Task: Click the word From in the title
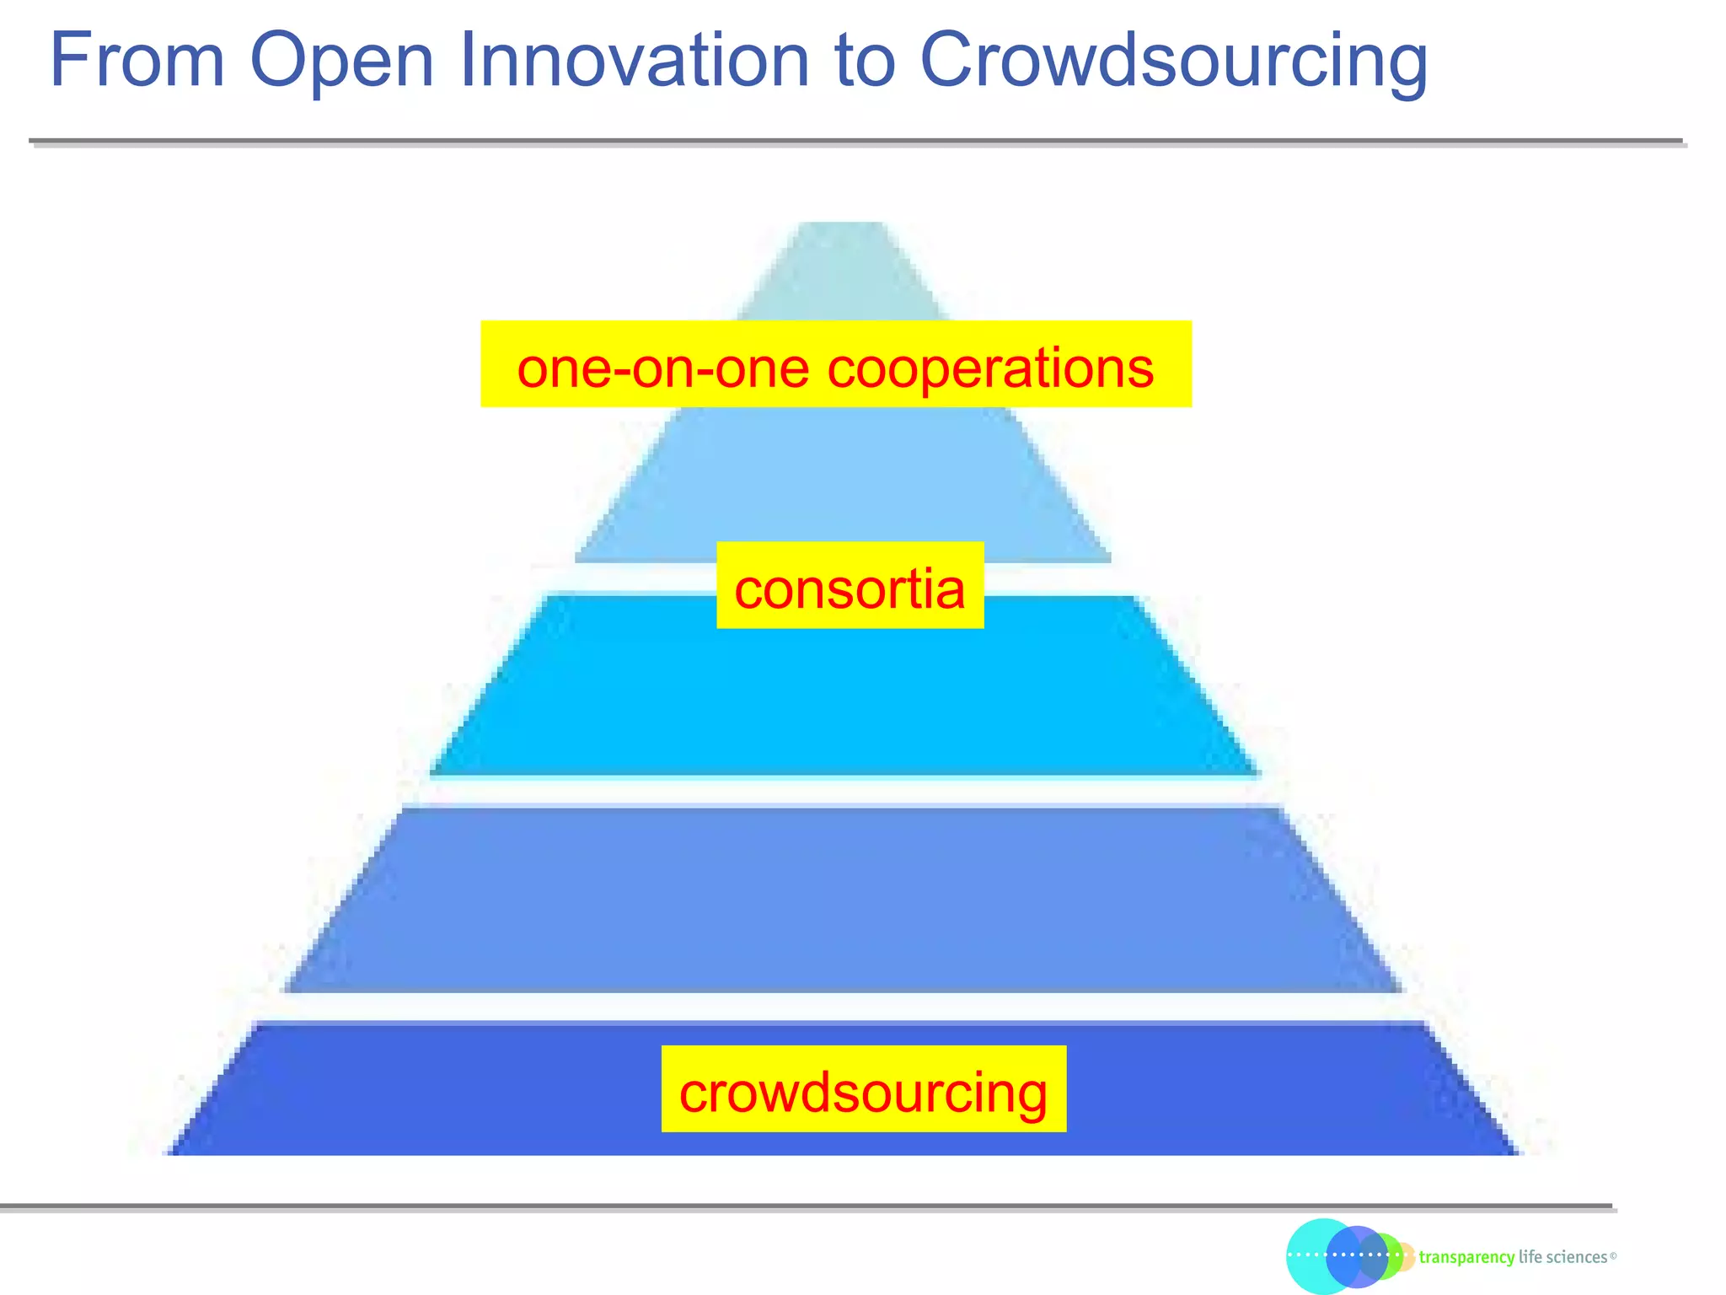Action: pos(137,61)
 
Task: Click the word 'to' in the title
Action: pos(864,62)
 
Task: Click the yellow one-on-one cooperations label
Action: pos(835,364)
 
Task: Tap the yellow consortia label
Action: pos(850,586)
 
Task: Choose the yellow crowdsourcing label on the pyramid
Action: pos(863,1089)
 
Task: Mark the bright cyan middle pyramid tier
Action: pos(843,700)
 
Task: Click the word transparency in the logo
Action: pos(1466,1258)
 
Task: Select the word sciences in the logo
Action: pos(1576,1257)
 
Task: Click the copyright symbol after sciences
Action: pos(1613,1256)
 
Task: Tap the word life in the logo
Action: pos(1530,1257)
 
